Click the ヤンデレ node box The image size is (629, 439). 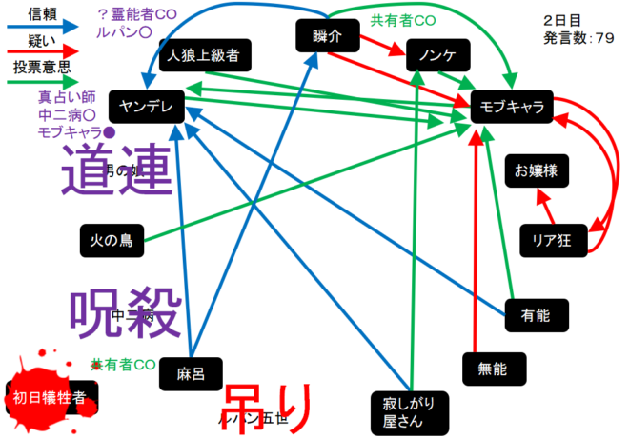[146, 107]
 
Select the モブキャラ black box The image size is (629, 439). [511, 107]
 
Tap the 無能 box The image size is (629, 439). [486, 368]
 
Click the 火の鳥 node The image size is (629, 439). [112, 241]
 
